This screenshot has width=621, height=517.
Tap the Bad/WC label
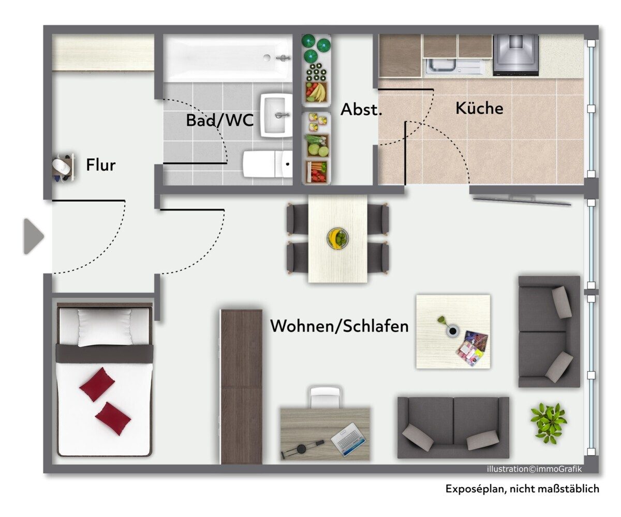[x=219, y=120]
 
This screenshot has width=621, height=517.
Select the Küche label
[x=479, y=108]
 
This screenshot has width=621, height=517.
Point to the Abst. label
[x=361, y=109]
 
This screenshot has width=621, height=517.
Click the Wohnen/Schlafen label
[x=339, y=326]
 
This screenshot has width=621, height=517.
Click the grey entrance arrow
[x=34, y=236]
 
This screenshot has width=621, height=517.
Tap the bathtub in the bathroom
[x=228, y=58]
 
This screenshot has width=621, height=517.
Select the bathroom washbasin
[x=276, y=115]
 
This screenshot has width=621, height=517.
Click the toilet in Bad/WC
[x=268, y=164]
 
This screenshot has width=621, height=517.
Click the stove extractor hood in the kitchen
[x=515, y=55]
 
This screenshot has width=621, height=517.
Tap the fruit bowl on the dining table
[x=337, y=238]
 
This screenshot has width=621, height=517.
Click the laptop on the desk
[x=348, y=439]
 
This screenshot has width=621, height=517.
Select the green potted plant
[x=548, y=423]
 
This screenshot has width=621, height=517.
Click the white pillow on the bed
[x=105, y=327]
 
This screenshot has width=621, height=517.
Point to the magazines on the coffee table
[x=472, y=348]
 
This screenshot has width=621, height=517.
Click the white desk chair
[x=325, y=397]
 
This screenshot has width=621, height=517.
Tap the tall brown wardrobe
[x=241, y=387]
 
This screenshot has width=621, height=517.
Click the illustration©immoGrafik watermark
[x=534, y=469]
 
